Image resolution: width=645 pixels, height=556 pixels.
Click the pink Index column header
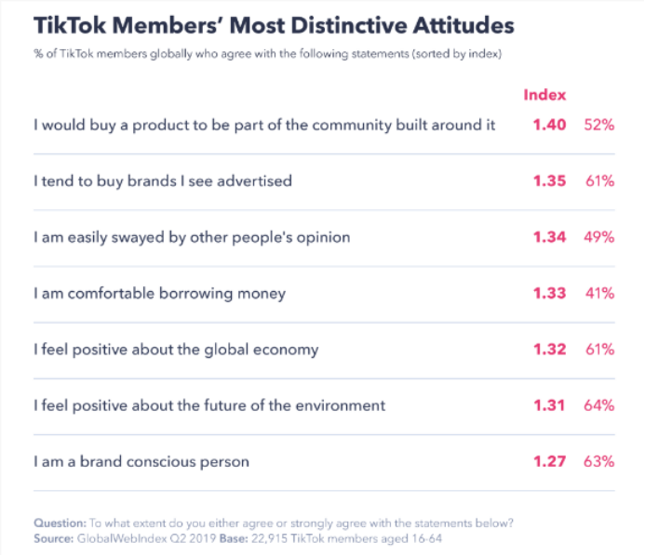pyautogui.click(x=544, y=95)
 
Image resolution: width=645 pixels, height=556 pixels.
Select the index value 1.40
pyautogui.click(x=549, y=125)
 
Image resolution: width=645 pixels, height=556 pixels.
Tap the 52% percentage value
pyautogui.click(x=598, y=125)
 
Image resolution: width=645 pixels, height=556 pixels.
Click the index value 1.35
pyautogui.click(x=549, y=180)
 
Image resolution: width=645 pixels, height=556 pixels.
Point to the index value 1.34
pyautogui.click(x=549, y=237)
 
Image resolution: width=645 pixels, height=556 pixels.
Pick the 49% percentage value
pyautogui.click(x=598, y=237)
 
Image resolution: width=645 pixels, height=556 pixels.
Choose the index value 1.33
pyautogui.click(x=549, y=294)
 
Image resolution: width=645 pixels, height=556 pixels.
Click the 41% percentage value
pyautogui.click(x=598, y=294)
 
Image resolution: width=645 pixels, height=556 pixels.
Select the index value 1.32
pyautogui.click(x=549, y=350)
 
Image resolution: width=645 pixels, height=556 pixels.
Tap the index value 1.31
pyautogui.click(x=549, y=405)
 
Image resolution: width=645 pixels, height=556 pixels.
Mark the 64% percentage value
pyautogui.click(x=598, y=405)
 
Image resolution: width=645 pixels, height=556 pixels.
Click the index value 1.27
pyautogui.click(x=549, y=461)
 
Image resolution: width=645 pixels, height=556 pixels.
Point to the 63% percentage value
pyautogui.click(x=598, y=461)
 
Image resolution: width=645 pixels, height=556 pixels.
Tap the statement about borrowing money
pyautogui.click(x=159, y=294)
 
